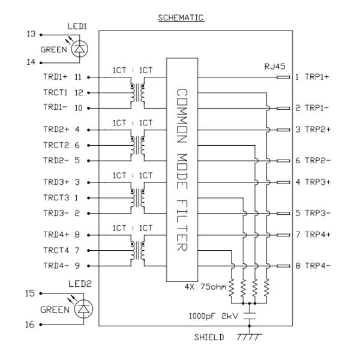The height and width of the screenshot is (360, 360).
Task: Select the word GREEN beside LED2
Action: [x=53, y=310]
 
